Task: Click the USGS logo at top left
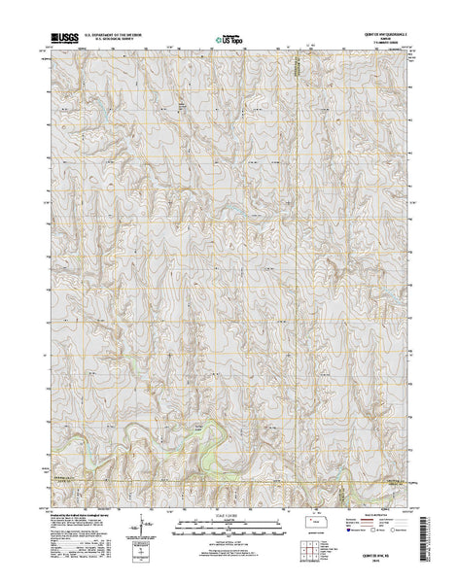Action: pyautogui.click(x=63, y=40)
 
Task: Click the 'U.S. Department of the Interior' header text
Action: pyautogui.click(x=115, y=35)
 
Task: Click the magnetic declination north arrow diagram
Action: pyautogui.click(x=144, y=533)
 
